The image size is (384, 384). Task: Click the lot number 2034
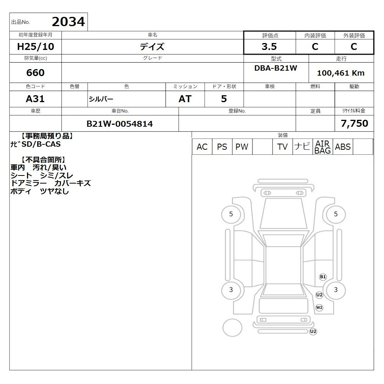68,22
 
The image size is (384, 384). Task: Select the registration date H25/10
35,46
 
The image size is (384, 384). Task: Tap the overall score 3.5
269,46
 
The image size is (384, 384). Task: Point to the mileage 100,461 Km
341,73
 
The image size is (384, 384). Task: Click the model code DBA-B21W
276,68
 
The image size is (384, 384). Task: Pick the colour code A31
35,99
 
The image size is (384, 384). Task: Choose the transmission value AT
185,99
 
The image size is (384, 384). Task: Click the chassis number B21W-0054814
120,124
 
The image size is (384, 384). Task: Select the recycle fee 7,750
354,123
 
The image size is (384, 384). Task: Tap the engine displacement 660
35,73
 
